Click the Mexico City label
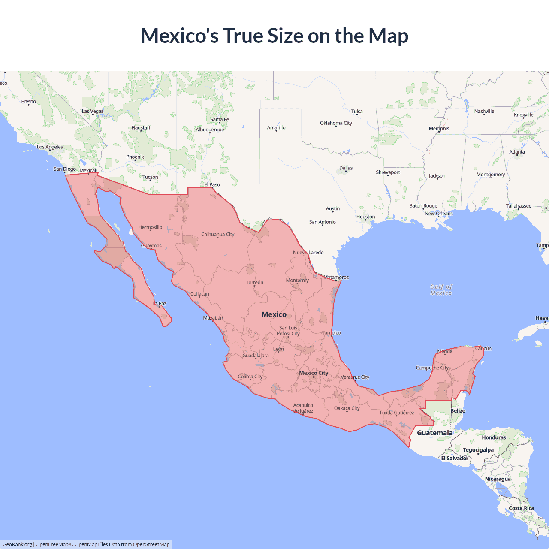tap(314, 373)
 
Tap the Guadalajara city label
tap(256, 356)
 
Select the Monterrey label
tap(297, 280)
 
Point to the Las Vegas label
tap(93, 111)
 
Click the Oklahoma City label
tap(336, 123)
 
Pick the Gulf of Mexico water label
tap(441, 290)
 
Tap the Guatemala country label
tap(434, 433)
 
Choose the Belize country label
tap(458, 410)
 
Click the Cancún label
tap(483, 348)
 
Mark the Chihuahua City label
tap(218, 235)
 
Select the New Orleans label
tap(438, 214)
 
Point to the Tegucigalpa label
tap(478, 449)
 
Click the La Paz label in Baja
tap(160, 303)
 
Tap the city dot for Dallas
tap(346, 171)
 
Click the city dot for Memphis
tap(438, 132)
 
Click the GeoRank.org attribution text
tap(17, 544)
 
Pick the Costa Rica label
tap(522, 508)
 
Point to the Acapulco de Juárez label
tap(303, 408)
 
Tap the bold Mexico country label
tap(274, 314)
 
